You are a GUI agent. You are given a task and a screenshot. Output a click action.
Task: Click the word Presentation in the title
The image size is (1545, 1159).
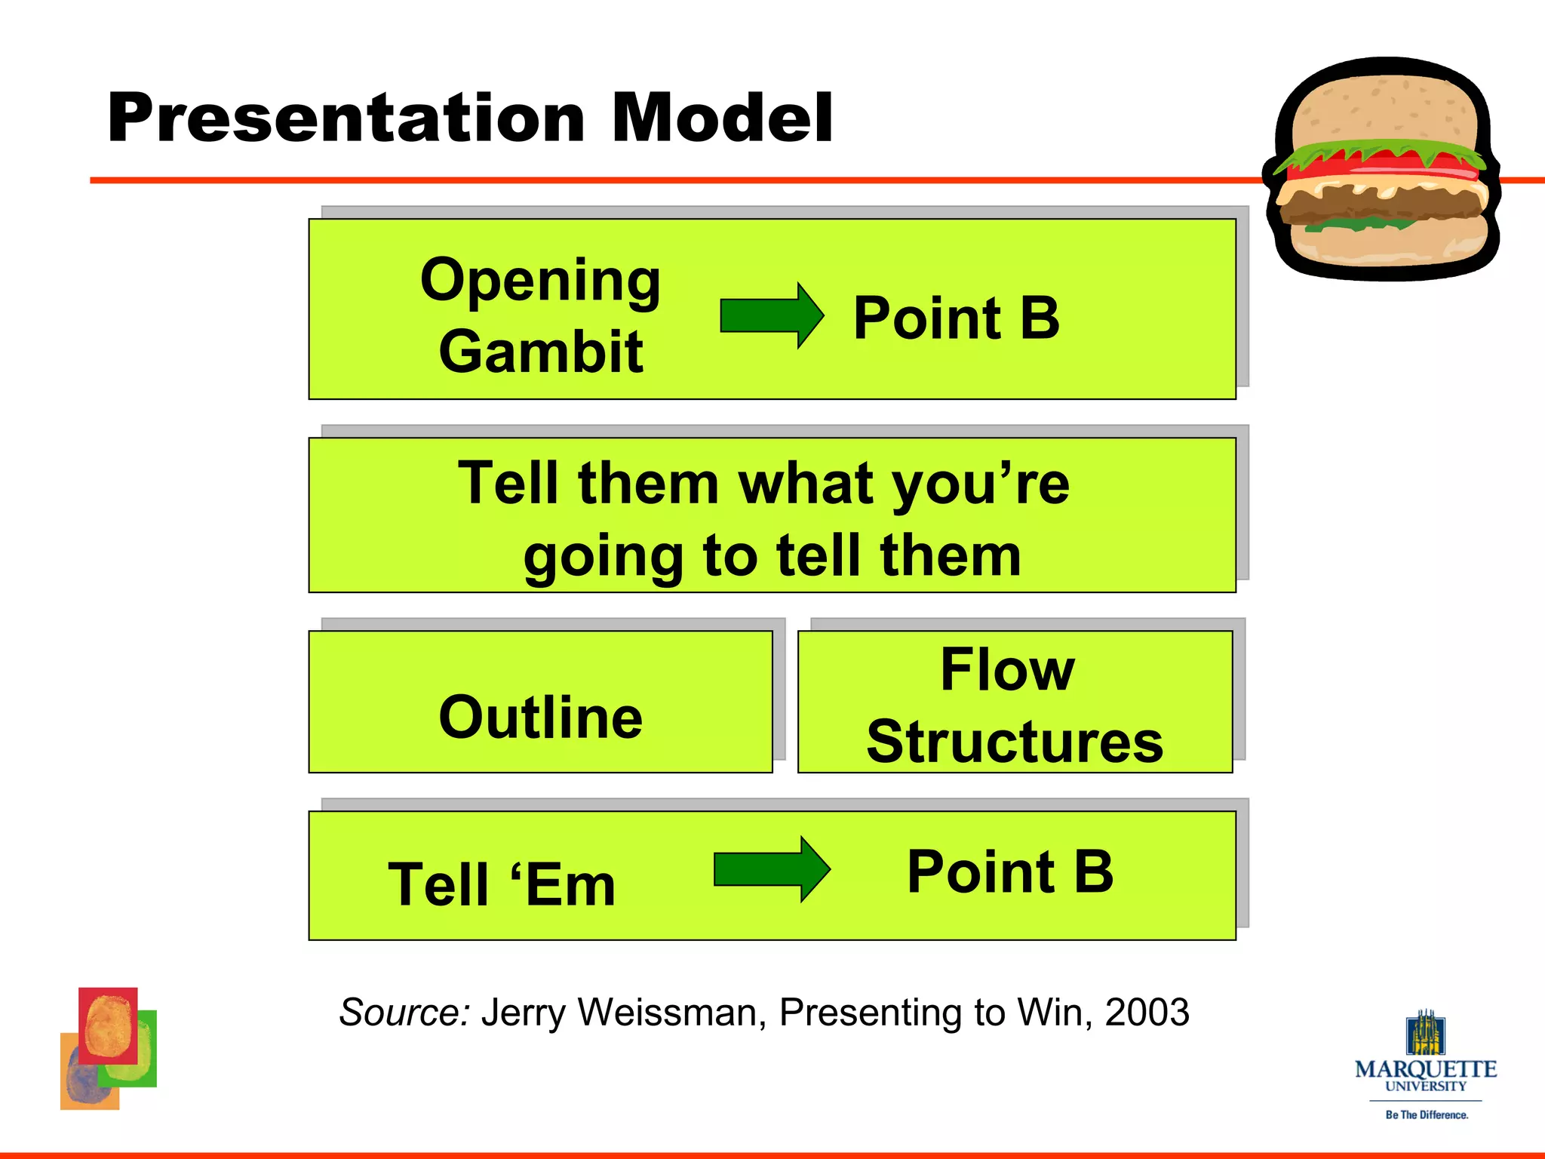click(x=346, y=118)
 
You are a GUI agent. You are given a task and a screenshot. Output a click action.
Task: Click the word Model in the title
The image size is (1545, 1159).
click(x=721, y=118)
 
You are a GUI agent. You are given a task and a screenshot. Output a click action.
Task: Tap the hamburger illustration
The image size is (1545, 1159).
click(x=1384, y=170)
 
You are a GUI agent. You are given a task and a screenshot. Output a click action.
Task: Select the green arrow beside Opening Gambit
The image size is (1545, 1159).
click(x=772, y=315)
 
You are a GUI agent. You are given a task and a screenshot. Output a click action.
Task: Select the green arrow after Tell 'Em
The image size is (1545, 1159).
click(x=772, y=869)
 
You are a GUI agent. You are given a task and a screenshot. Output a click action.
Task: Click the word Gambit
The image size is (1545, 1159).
click(x=540, y=352)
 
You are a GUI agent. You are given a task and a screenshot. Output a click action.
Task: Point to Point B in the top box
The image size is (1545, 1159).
click(x=956, y=318)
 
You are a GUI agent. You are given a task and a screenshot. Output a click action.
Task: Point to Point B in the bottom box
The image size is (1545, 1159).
click(x=1009, y=872)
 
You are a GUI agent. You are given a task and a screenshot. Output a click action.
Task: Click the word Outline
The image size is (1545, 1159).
click(x=540, y=717)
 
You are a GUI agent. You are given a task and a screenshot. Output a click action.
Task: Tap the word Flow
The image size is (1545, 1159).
click(x=1007, y=669)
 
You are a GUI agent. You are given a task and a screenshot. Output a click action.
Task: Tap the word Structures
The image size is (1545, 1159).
click(x=1014, y=742)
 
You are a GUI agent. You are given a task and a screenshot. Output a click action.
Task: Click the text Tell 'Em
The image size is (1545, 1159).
click(x=502, y=884)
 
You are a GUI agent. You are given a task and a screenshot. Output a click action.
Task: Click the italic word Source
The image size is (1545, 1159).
click(x=404, y=1012)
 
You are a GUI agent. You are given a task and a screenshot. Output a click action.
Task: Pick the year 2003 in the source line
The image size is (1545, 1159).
click(x=1147, y=1012)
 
